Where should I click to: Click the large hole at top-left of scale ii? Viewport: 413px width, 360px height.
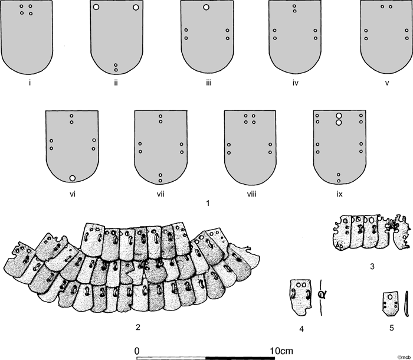96,7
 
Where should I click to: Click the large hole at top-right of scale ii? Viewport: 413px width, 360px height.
136,8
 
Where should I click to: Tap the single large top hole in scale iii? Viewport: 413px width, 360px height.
206,7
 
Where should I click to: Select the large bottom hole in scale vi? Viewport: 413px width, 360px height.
73,178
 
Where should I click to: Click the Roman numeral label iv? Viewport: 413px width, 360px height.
295,83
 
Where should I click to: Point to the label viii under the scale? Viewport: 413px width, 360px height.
251,195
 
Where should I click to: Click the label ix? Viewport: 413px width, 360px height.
339,195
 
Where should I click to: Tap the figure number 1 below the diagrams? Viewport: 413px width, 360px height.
208,204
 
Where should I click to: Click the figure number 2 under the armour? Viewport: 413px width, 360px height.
137,328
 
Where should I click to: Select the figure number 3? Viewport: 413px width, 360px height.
372,267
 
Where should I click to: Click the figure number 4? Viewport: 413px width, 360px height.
301,329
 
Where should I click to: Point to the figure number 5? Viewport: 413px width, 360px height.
392,328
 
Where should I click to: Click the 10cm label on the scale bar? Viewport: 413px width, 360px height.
281,351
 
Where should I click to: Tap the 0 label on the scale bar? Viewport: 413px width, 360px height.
137,351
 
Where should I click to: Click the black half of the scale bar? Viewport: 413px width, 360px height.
240,358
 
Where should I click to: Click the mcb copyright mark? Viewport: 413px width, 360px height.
404,358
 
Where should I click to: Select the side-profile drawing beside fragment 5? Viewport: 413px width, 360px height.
407,303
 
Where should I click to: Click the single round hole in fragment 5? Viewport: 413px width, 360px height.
390,297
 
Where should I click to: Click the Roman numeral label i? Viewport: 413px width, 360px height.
30,83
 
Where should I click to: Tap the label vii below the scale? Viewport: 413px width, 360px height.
160,195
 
